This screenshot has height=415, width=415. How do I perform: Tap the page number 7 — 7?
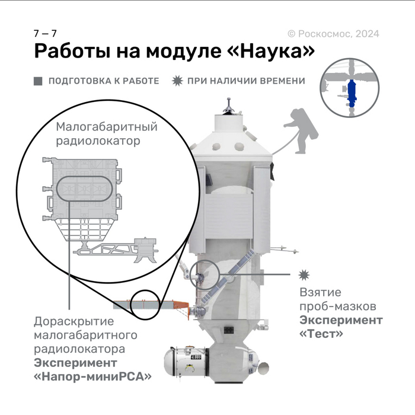[x=45, y=33]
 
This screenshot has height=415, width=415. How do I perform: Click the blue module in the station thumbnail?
[x=352, y=92]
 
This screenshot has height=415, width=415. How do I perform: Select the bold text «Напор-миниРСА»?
[x=92, y=376]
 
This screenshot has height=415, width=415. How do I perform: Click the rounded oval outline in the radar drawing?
[x=82, y=189]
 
